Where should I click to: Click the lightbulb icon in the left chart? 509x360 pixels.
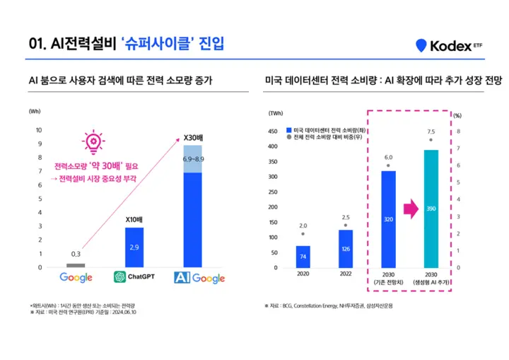(x=93, y=142)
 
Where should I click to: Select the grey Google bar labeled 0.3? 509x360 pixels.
(x=76, y=265)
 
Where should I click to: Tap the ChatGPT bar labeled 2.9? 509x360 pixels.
(x=134, y=248)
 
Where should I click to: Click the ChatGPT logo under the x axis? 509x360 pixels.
(x=134, y=278)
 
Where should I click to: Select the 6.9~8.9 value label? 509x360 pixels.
(x=193, y=159)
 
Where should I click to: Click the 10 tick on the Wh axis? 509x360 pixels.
(x=39, y=130)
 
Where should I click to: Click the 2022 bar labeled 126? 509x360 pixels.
(x=346, y=249)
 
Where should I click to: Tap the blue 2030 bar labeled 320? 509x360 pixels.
(x=388, y=219)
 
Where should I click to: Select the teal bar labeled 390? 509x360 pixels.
(x=431, y=209)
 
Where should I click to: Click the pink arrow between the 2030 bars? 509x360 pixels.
(x=409, y=208)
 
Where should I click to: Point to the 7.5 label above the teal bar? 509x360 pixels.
(x=431, y=132)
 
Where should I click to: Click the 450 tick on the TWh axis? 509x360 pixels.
(x=271, y=132)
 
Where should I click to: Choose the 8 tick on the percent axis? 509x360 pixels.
(x=459, y=132)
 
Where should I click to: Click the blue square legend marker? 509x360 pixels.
(x=289, y=130)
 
